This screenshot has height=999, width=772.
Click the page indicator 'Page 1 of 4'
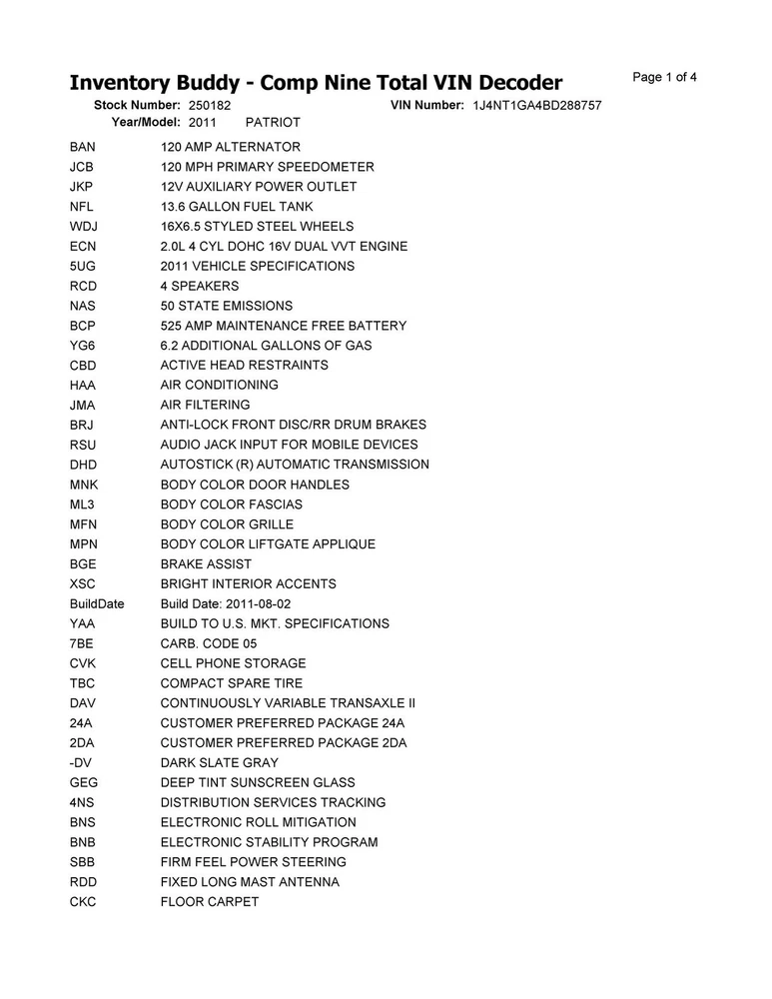[665, 77]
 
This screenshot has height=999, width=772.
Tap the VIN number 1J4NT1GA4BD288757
[536, 105]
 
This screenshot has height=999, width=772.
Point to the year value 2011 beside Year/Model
[203, 122]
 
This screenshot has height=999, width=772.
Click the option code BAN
[84, 147]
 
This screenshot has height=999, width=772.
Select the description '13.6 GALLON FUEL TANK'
[236, 207]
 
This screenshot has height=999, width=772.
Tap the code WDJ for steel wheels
[84, 227]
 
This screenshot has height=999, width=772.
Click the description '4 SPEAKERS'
[200, 286]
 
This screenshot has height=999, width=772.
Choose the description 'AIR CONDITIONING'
[220, 385]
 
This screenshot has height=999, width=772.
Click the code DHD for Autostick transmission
[84, 465]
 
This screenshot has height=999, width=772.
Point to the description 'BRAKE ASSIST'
[207, 563]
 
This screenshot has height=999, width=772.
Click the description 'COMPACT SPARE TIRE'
[232, 683]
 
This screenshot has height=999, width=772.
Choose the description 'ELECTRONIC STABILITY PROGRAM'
[270, 842]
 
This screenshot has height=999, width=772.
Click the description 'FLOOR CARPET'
[210, 902]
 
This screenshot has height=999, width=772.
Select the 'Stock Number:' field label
[137, 105]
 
